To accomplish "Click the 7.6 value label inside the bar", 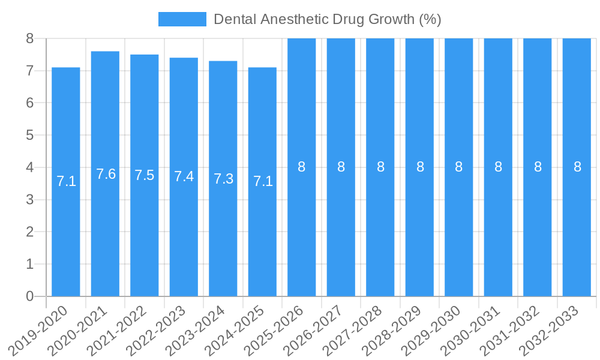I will [106, 174].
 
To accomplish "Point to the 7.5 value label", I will [145, 175].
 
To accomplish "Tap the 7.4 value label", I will [184, 176].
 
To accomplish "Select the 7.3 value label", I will [223, 178].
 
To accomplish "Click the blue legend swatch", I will [182, 19].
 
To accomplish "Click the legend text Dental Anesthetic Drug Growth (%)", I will [328, 19].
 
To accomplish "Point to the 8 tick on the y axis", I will [29, 38].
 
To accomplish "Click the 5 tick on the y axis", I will [29, 135].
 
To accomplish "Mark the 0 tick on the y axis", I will [29, 296].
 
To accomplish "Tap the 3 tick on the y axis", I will [29, 200].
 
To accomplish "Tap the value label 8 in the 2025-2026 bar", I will [302, 167].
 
